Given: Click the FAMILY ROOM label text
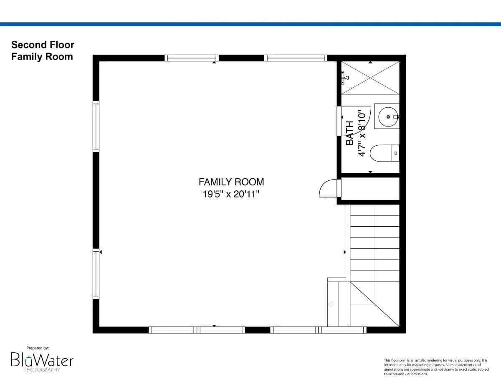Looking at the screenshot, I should pos(231,182).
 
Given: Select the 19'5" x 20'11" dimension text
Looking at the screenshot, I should pos(231,194).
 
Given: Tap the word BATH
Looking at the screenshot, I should pos(350,133).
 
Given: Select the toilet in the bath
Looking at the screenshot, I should pos(384,153).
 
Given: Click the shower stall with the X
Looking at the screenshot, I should pos(370,78).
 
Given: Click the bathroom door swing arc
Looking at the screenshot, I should pos(357,121).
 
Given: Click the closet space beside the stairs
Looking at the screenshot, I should pos(370,189).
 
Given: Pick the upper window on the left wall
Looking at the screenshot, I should pos(96,126).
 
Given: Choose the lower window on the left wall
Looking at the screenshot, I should pos(96,274).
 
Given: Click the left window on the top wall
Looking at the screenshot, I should pos(192,58).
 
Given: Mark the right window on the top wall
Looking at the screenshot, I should pos(296,58).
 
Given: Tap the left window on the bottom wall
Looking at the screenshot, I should pos(197,330).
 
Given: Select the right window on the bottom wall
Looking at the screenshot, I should pos(318,330).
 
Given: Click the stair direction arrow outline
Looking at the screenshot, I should pos(330,304).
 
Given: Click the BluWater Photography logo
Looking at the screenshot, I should pos(42,360).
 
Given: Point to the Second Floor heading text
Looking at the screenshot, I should pos(43,45).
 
